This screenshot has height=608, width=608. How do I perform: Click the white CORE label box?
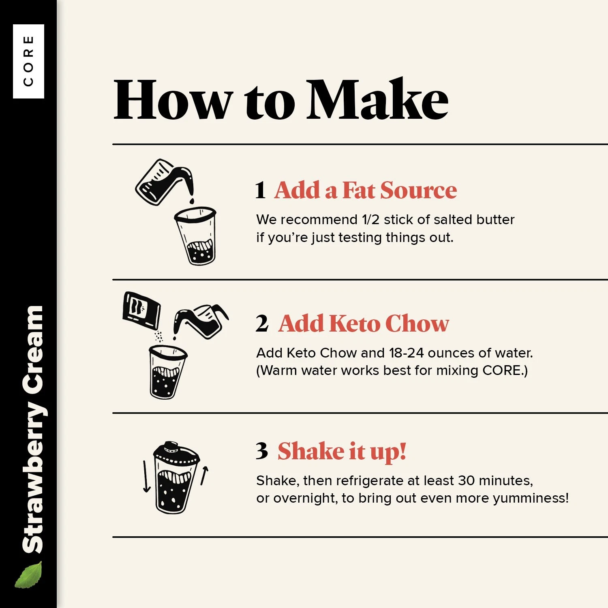click(x=28, y=61)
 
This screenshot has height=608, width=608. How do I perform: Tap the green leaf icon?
click(x=29, y=574)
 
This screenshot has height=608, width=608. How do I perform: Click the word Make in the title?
click(x=377, y=99)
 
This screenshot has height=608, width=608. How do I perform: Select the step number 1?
click(x=260, y=190)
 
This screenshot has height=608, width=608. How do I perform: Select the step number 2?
click(x=262, y=323)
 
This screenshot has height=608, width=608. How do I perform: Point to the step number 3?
click(x=262, y=451)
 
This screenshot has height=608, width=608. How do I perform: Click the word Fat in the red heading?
click(x=359, y=190)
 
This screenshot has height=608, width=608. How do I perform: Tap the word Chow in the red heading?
click(x=417, y=323)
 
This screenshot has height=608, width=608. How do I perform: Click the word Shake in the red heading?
click(x=311, y=451)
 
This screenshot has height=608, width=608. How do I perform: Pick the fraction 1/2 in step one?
click(x=370, y=219)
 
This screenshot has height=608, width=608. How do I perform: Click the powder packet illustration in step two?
click(x=141, y=310)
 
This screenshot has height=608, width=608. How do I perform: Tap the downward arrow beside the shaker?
click(x=146, y=476)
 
